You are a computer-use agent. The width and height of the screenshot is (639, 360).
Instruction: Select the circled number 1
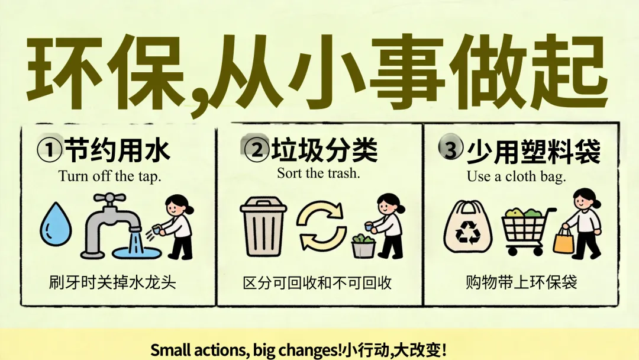click(49, 150)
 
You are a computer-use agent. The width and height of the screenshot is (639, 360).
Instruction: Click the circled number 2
click(257, 150)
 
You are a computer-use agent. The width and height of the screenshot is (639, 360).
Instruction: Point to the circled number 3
click(451, 149)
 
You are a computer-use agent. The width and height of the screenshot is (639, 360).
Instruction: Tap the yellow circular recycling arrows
click(321, 226)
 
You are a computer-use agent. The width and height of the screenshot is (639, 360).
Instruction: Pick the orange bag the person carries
click(564, 240)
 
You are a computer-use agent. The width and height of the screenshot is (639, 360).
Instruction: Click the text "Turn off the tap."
click(110, 176)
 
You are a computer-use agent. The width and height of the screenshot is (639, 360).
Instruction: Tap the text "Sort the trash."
click(319, 173)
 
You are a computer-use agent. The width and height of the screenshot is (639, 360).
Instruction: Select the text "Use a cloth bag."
click(517, 176)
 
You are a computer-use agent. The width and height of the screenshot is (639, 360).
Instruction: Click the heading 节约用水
click(117, 150)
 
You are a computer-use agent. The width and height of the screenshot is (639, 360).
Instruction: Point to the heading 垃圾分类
click(325, 150)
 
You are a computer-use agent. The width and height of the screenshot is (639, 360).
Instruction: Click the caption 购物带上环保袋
click(521, 282)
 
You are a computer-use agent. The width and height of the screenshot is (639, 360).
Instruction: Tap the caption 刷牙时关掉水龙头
click(112, 282)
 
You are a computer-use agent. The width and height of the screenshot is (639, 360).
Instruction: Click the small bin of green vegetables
click(363, 246)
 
